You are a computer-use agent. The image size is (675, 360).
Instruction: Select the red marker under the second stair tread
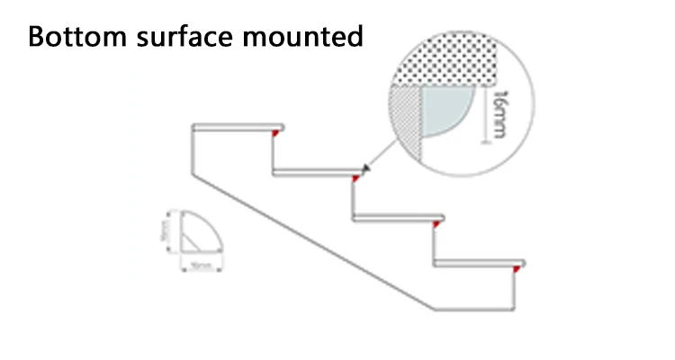pos(356,178)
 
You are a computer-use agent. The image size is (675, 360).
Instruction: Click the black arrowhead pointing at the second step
pos(366,167)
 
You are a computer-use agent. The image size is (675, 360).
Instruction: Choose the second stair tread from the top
pos(319,171)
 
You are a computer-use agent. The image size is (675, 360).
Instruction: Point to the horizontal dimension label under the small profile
pos(200,266)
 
